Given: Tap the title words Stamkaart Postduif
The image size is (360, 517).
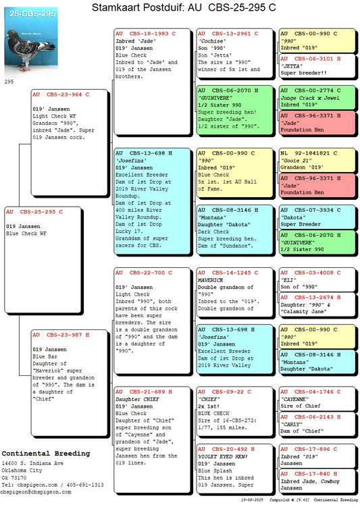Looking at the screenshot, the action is [138, 7].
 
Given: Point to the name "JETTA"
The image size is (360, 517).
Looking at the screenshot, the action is [291, 66].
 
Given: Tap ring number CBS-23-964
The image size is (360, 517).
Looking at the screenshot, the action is [64, 94].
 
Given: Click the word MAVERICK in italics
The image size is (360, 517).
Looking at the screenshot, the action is [211, 280].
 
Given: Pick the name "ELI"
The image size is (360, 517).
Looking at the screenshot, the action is [288, 280].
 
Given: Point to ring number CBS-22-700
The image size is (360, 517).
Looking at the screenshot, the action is [147, 273].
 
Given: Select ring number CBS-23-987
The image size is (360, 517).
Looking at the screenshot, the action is [64, 335].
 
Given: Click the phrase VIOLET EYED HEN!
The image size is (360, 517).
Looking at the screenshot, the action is [223, 457].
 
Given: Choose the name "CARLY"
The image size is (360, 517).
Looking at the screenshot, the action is [291, 425].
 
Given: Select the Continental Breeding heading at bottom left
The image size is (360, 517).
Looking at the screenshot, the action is [46, 454].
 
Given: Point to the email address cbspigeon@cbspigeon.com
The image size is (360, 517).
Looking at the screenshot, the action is [36, 492].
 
